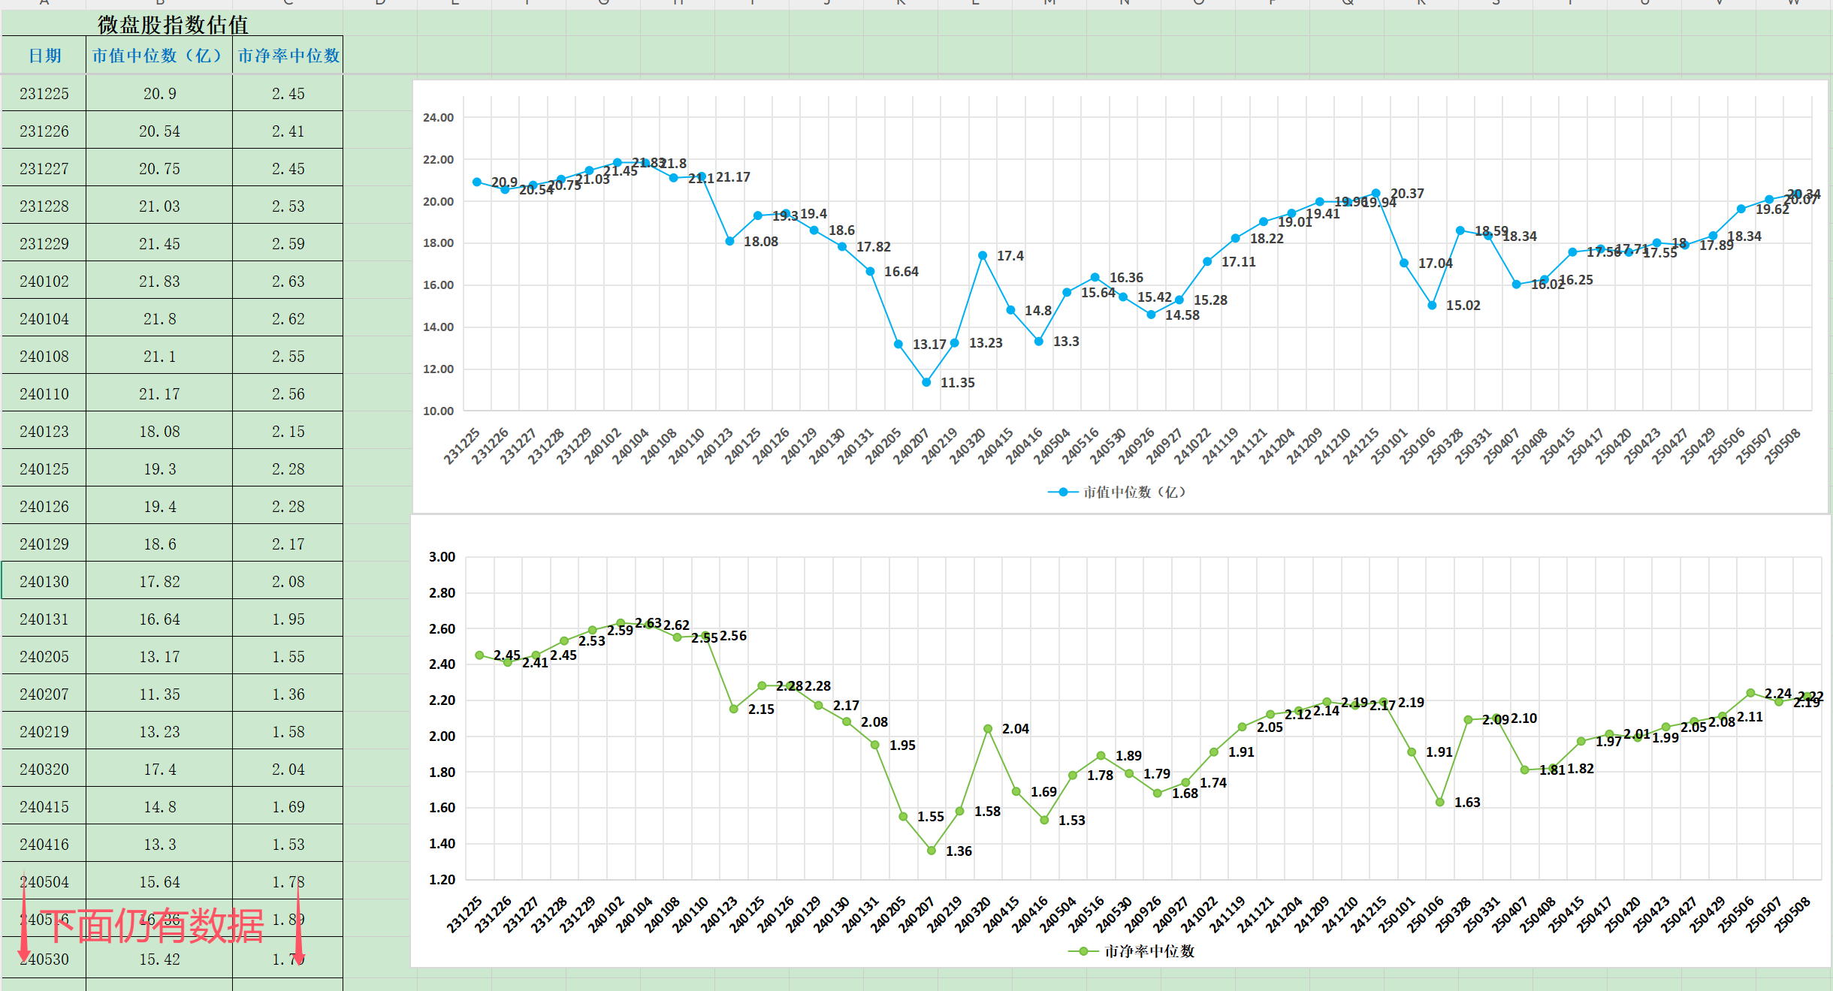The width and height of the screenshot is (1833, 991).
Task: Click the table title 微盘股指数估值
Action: tap(173, 25)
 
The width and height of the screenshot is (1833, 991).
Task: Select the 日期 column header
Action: tap(44, 56)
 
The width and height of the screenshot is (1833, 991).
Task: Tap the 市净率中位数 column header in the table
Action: tap(288, 56)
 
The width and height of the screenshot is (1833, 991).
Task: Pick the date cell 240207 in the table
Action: tap(44, 694)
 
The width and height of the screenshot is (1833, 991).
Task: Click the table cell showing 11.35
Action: tap(159, 694)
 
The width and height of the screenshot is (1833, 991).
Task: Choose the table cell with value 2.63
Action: tap(288, 282)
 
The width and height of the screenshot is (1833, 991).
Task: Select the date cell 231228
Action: tap(44, 206)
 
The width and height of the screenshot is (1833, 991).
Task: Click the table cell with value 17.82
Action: tap(159, 582)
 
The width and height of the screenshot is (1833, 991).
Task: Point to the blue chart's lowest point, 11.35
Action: tap(926, 382)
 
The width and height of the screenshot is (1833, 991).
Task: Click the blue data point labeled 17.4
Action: tap(983, 255)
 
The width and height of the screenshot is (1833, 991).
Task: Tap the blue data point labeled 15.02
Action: tap(1432, 306)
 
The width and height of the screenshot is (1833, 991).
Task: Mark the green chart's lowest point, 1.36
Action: tap(932, 851)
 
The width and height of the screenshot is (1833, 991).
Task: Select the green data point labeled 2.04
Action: tap(988, 729)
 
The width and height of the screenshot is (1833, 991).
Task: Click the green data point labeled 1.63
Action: tap(1440, 802)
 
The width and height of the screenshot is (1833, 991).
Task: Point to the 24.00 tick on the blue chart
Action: tap(439, 117)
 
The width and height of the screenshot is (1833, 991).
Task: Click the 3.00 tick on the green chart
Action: tap(442, 556)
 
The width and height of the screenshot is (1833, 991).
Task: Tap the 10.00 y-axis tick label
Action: tap(439, 411)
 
